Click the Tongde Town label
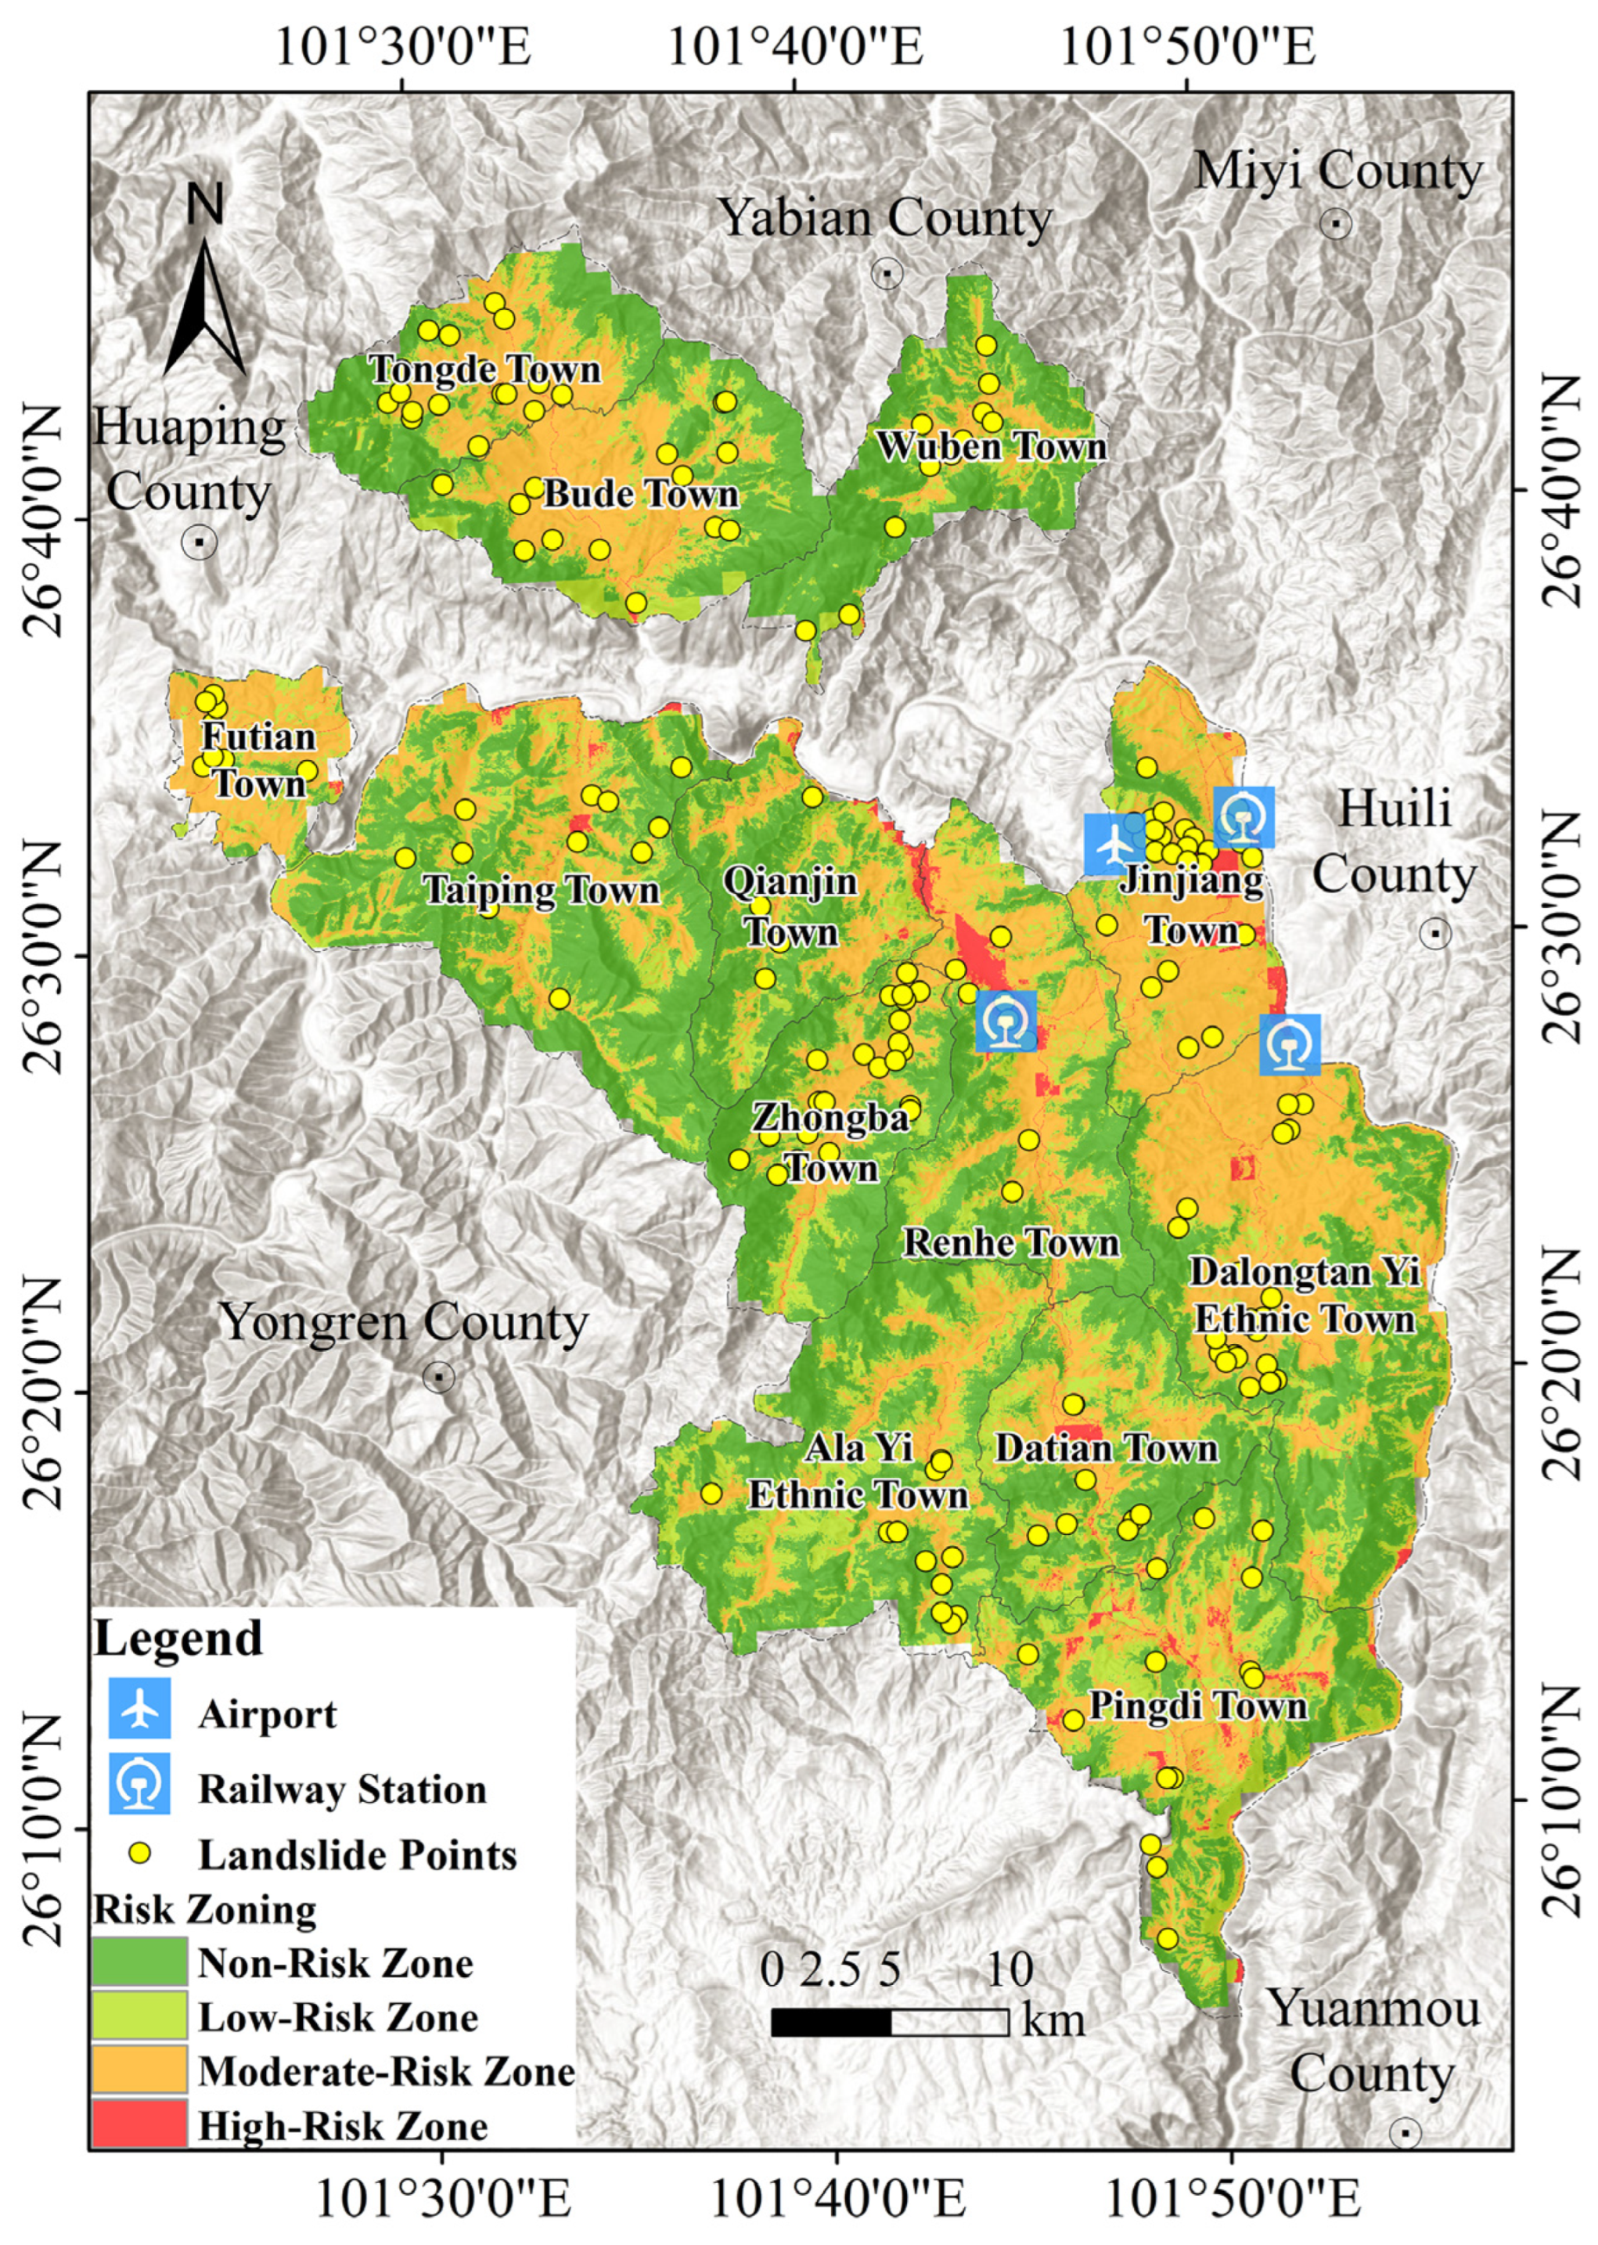pos(484,370)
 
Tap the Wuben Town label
pos(992,447)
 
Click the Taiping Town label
pos(542,891)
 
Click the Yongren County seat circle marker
pos(439,1377)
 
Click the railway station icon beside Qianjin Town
pos(1006,1022)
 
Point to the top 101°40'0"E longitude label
pos(795,47)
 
